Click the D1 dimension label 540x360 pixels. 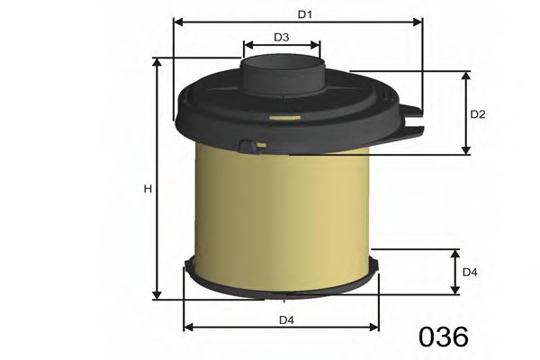[305, 14]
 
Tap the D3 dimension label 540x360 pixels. [281, 37]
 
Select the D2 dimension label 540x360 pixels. [478, 113]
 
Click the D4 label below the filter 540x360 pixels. [285, 319]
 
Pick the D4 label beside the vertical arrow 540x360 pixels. [469, 272]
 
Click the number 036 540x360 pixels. [443, 337]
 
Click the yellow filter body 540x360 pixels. [283, 216]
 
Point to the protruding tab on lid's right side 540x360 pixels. [410, 116]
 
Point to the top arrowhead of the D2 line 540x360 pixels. [465, 75]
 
